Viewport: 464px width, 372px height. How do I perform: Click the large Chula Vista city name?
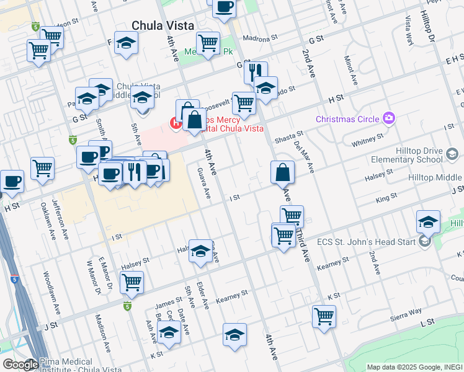[x=163, y=26]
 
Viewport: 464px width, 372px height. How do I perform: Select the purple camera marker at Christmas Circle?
[x=389, y=118]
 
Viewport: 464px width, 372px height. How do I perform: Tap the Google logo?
[x=20, y=365]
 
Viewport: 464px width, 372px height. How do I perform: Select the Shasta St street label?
[x=290, y=135]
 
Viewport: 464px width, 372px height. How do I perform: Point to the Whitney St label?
[x=364, y=143]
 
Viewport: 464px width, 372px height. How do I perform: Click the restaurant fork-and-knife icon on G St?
[x=255, y=72]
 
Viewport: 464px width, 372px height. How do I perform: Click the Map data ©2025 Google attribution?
[x=414, y=367]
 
